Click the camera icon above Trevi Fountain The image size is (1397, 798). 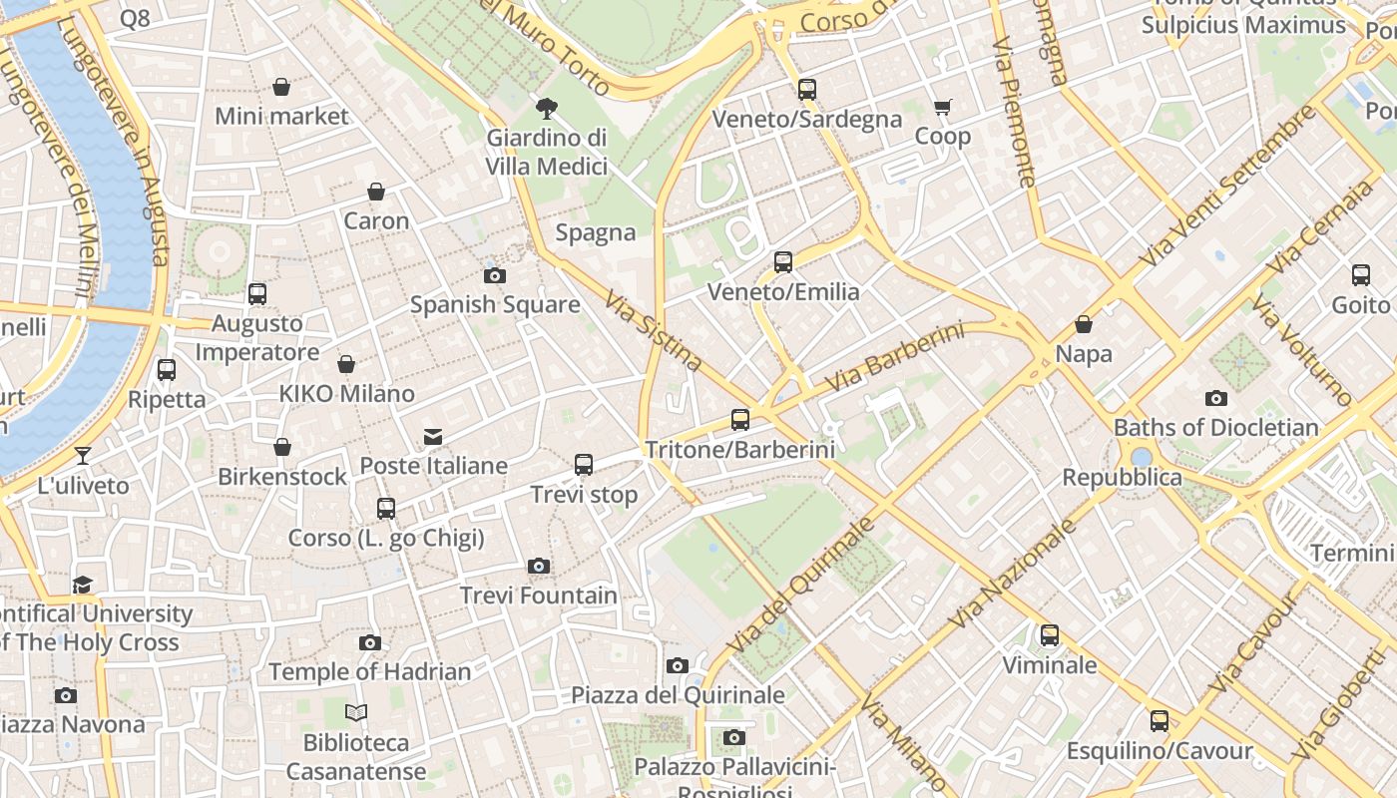[539, 567]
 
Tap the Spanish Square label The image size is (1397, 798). [495, 304]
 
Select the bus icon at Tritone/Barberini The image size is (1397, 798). [739, 420]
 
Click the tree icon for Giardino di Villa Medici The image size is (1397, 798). [546, 108]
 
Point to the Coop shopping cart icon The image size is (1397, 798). [942, 107]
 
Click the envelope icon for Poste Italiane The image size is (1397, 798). [433, 437]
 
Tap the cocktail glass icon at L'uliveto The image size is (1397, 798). [83, 456]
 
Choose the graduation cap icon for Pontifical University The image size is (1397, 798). [83, 585]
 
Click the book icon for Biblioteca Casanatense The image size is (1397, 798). [356, 712]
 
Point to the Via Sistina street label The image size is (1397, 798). [654, 330]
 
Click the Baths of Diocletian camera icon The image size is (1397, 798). [1215, 399]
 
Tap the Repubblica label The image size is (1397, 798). [1122, 477]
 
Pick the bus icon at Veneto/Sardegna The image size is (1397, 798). [807, 90]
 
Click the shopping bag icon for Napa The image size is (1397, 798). [1084, 325]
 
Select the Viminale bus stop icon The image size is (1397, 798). [1049, 635]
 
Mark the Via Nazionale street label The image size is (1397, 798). [1014, 574]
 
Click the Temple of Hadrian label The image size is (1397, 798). [369, 671]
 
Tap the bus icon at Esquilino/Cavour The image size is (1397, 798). [1159, 721]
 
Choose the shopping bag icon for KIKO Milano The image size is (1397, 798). [346, 365]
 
